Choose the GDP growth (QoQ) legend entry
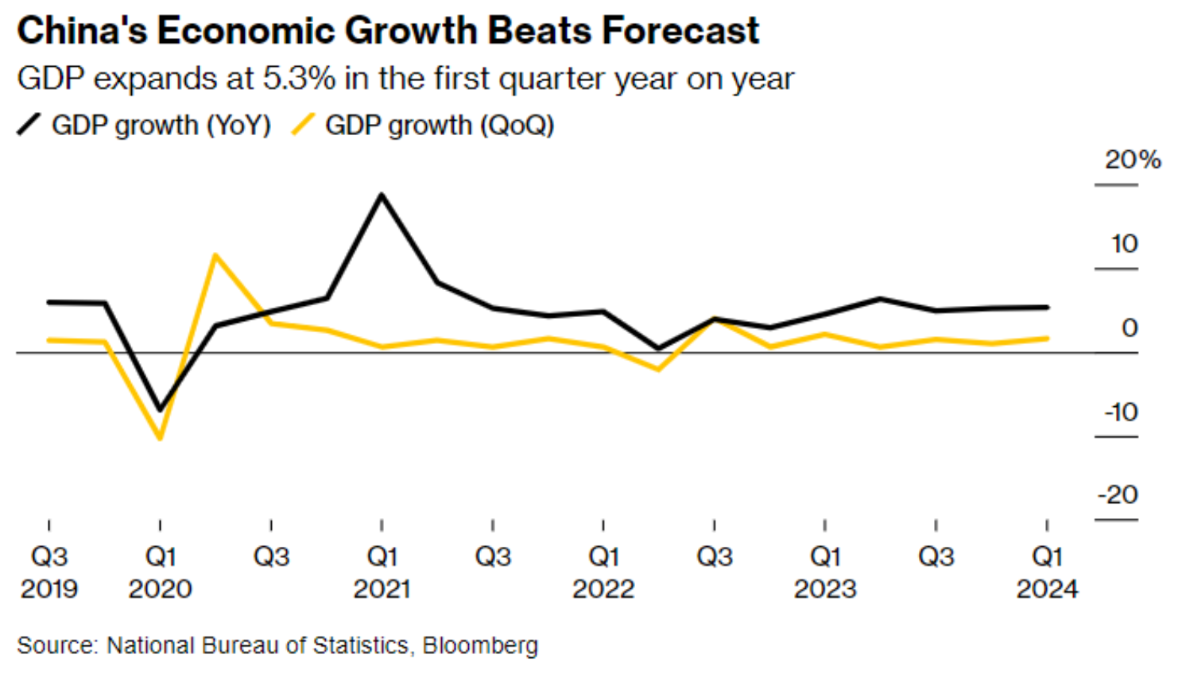click(x=439, y=126)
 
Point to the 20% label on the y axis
click(x=1132, y=160)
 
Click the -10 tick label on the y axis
click(x=1121, y=413)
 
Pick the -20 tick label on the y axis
click(x=1118, y=495)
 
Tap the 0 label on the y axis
click(x=1129, y=327)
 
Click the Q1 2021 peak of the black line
click(x=382, y=195)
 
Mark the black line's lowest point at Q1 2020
click(x=161, y=409)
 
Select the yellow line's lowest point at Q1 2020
click(x=161, y=438)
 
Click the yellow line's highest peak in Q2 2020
click(x=215, y=255)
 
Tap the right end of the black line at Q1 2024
click(x=1047, y=307)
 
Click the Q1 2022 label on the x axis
click(x=603, y=572)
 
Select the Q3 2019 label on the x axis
click(x=49, y=572)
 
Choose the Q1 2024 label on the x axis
click(x=1047, y=572)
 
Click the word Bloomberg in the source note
click(x=480, y=645)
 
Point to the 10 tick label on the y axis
click(x=1124, y=244)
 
